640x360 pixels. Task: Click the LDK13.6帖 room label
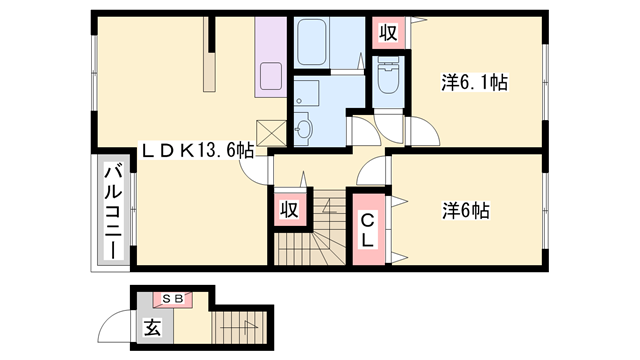click(x=196, y=151)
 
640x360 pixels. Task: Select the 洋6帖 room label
click(x=467, y=211)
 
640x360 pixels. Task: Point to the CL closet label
click(x=367, y=230)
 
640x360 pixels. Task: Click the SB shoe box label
click(x=172, y=298)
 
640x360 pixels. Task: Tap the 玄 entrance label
click(x=151, y=326)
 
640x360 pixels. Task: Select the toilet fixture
click(x=386, y=76)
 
